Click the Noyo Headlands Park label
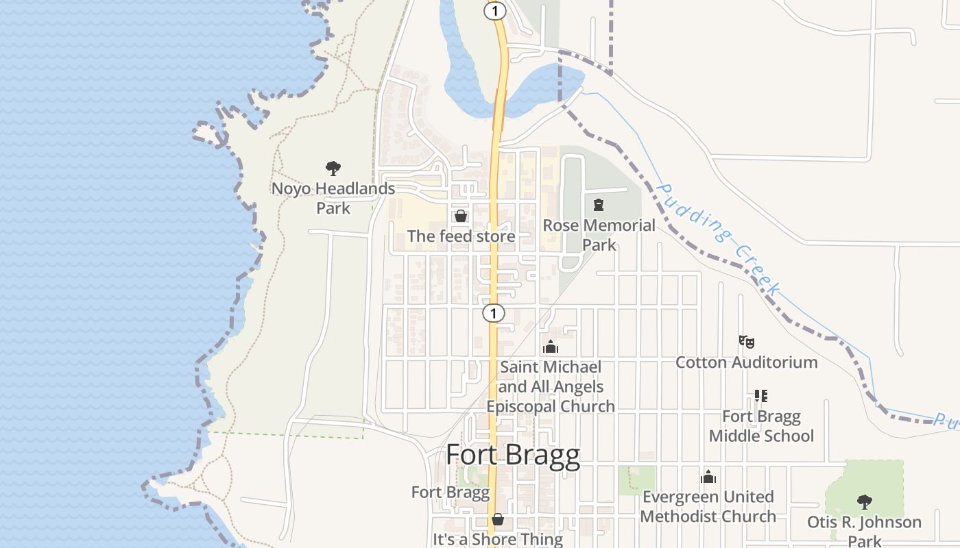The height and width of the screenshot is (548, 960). pyautogui.click(x=333, y=198)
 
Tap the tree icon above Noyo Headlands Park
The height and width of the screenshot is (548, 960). pyautogui.click(x=333, y=169)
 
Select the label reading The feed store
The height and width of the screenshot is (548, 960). pyautogui.click(x=461, y=236)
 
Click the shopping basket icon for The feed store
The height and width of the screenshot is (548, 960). pyautogui.click(x=461, y=216)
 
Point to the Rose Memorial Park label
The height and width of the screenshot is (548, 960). pyautogui.click(x=599, y=235)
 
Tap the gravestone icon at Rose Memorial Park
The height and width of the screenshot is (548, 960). pyautogui.click(x=599, y=205)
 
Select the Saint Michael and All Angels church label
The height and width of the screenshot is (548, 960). pyautogui.click(x=551, y=387)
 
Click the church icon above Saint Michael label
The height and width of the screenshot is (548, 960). pyautogui.click(x=551, y=348)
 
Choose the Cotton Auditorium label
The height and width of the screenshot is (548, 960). pyautogui.click(x=747, y=362)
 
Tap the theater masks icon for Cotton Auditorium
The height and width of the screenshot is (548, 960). pyautogui.click(x=747, y=341)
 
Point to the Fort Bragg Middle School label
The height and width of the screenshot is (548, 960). pyautogui.click(x=761, y=426)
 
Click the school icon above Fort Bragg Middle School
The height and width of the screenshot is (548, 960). pyautogui.click(x=761, y=396)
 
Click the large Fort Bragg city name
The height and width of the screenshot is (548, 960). pyautogui.click(x=513, y=456)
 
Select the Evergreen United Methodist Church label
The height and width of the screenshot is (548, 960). pyautogui.click(x=708, y=506)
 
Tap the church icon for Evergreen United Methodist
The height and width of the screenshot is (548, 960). pyautogui.click(x=708, y=477)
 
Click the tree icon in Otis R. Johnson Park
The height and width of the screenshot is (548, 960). pyautogui.click(x=865, y=502)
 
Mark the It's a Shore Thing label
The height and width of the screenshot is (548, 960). pyautogui.click(x=498, y=539)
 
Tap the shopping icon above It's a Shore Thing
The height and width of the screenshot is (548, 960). pyautogui.click(x=498, y=519)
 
